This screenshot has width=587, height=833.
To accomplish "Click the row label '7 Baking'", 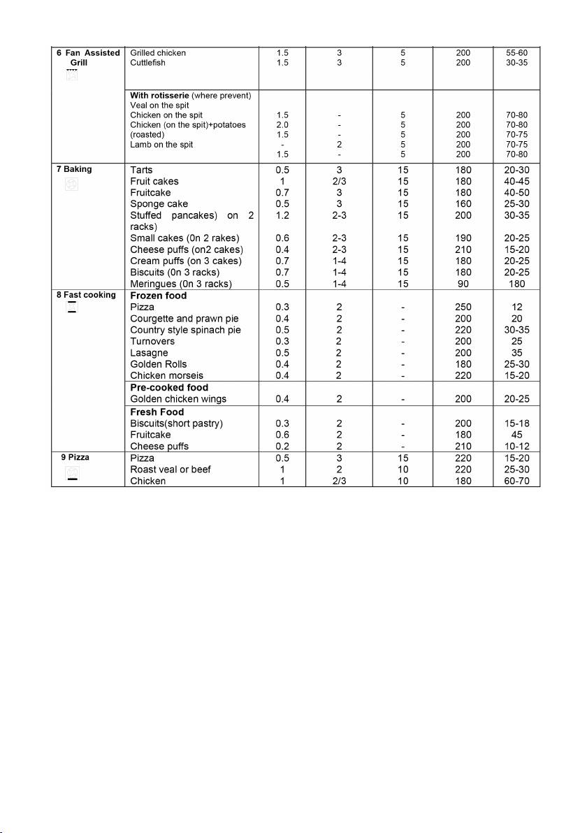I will click(73, 169).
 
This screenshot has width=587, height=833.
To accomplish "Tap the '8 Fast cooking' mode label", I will click(86, 295).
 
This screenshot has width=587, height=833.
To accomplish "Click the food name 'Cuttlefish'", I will click(148, 63).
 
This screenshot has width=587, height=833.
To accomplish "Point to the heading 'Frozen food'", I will click(159, 296).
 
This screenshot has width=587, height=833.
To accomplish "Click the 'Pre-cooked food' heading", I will click(169, 387).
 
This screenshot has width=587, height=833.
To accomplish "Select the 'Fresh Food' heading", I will click(158, 412).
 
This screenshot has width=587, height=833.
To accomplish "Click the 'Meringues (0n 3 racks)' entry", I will click(181, 283).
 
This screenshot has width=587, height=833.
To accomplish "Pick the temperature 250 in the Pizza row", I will click(462, 307).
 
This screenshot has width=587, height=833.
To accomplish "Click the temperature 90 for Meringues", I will click(462, 283).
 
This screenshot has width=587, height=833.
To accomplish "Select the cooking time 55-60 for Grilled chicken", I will click(517, 52).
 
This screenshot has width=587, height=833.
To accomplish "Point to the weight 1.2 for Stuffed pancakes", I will click(282, 215).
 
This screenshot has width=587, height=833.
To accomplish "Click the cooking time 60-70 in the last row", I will click(517, 481).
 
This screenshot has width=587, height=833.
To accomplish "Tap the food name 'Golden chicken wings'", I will click(178, 398).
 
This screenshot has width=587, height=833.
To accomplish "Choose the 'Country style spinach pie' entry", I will click(186, 330).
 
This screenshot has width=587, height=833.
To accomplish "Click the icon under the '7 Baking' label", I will click(72, 185).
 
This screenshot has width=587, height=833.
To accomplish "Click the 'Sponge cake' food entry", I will click(159, 204).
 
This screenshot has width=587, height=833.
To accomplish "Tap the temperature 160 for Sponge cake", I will click(462, 204).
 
